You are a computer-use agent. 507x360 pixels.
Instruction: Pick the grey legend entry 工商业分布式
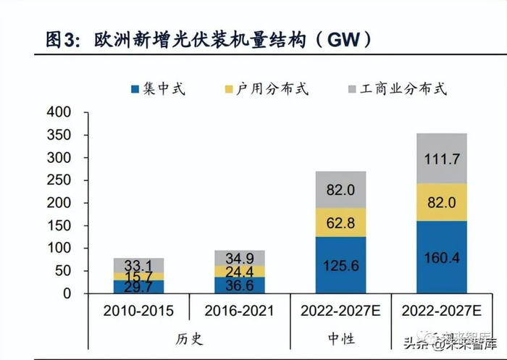coord(397,89)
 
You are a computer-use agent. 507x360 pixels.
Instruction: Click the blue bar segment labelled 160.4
coord(442,257)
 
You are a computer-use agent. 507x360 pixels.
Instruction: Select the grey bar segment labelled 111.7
coord(442,158)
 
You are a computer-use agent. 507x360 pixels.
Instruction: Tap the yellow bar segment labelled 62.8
coord(340,222)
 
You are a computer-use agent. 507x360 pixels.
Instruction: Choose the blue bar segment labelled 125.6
coord(340,265)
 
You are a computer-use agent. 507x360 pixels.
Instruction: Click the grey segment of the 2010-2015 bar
coord(138,264)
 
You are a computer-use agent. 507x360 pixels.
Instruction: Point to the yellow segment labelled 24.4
coord(239,271)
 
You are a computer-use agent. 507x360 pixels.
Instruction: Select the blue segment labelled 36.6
coord(239,285)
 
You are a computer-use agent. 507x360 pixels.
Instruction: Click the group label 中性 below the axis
coord(340,339)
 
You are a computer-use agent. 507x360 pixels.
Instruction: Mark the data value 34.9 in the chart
coord(239,259)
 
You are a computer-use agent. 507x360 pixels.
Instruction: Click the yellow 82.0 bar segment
coord(442,202)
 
